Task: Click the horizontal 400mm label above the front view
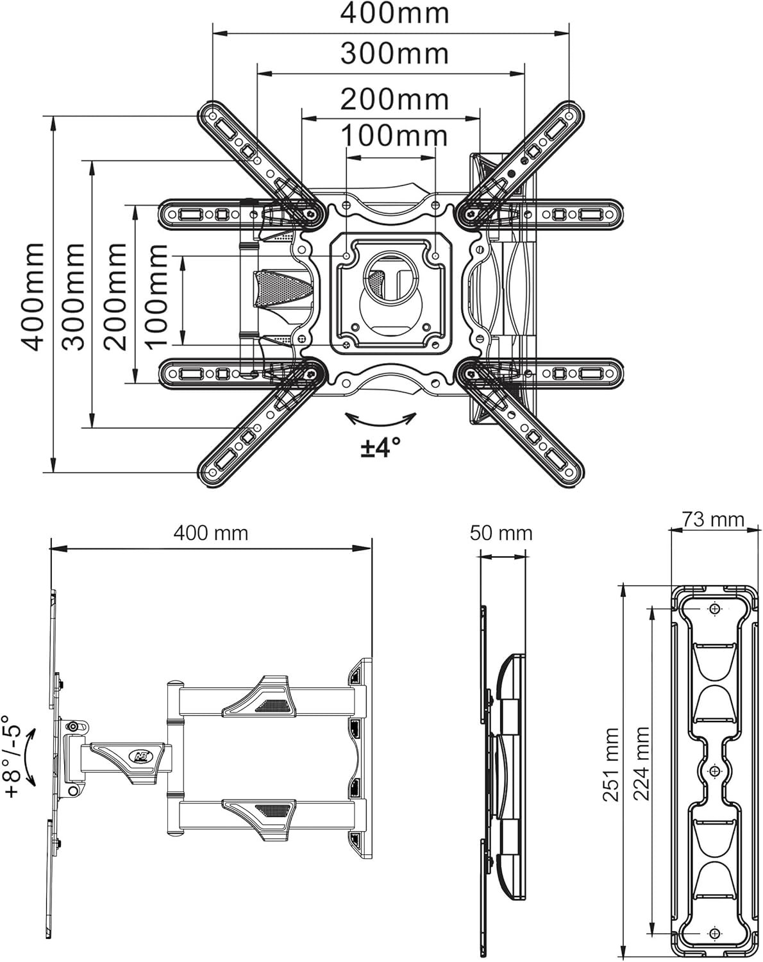click(395, 13)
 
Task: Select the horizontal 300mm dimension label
click(395, 54)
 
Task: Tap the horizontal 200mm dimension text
click(395, 99)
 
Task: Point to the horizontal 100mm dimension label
click(395, 135)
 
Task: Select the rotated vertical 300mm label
click(74, 298)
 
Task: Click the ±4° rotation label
click(381, 447)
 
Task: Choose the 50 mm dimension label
click(501, 534)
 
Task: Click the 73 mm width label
click(714, 519)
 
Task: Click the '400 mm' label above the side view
click(210, 534)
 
